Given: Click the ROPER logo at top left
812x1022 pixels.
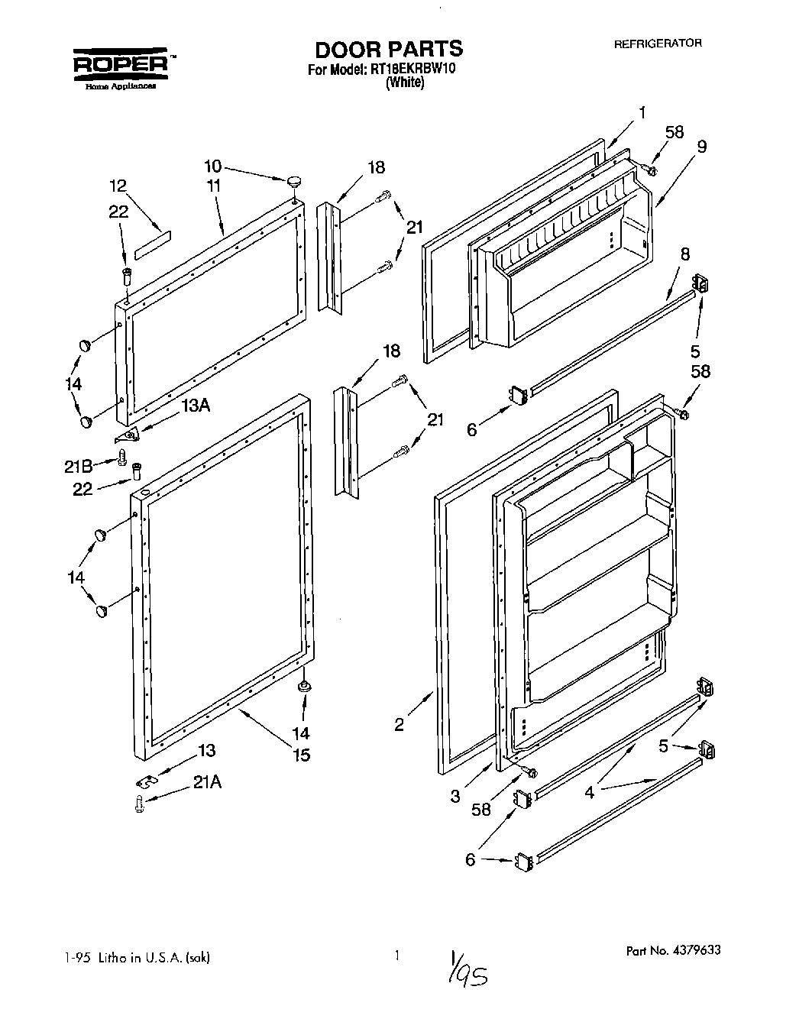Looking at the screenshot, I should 121,66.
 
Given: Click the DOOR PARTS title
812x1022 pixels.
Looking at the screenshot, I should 389,49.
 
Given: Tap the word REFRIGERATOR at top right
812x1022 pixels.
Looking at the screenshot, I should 658,44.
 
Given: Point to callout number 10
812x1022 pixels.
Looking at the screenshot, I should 213,166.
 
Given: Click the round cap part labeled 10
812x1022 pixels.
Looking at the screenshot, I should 294,181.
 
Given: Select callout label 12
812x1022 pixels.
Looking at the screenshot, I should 118,186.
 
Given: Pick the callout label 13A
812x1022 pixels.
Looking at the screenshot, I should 195,406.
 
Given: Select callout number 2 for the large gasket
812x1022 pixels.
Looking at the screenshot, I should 400,725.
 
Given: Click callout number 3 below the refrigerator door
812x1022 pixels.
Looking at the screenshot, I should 455,795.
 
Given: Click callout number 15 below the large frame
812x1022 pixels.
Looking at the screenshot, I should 302,755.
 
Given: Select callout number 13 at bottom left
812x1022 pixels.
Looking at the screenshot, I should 206,750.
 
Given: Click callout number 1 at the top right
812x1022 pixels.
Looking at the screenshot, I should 642,113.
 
